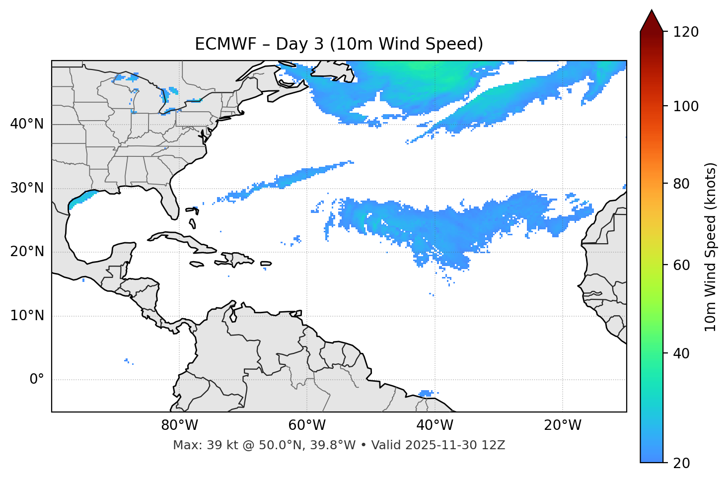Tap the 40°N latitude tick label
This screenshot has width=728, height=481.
27,124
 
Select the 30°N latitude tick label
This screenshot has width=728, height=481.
27,188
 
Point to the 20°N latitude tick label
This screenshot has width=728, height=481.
27,252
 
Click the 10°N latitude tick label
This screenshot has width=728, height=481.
27,316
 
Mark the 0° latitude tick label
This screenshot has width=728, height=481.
37,380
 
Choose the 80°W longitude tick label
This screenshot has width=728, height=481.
179,425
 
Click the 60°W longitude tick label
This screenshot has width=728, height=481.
306,425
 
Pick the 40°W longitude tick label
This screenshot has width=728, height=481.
435,425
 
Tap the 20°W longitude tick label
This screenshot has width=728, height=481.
562,425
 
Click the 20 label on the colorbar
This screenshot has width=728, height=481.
681,463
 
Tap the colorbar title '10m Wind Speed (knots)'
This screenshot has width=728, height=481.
711,247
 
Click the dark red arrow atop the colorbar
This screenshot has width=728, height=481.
651,21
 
